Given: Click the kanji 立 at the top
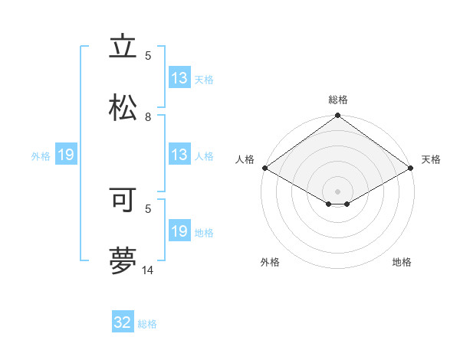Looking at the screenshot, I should (123, 47).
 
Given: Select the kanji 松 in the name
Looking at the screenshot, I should (123, 108).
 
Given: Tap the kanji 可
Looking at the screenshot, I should (123, 200).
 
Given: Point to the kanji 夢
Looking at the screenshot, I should (123, 261).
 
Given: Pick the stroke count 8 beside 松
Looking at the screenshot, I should (148, 116).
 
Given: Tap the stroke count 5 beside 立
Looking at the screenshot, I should (148, 55).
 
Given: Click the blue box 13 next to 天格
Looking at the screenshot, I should (179, 78).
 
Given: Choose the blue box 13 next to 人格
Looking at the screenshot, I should (179, 155).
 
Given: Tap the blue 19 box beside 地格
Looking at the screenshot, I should (179, 231).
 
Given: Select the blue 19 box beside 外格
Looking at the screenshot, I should (66, 155).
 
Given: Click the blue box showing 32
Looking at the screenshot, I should (123, 322).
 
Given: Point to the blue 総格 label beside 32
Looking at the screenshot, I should (147, 324).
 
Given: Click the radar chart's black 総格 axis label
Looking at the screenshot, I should (338, 100).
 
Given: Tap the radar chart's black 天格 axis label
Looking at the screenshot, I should (431, 159).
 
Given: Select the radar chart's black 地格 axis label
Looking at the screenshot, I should (402, 263).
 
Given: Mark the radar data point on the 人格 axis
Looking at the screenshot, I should (264, 168).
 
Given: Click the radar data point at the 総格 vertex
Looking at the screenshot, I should (338, 116).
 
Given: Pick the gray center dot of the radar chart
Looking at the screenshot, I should (338, 191).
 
